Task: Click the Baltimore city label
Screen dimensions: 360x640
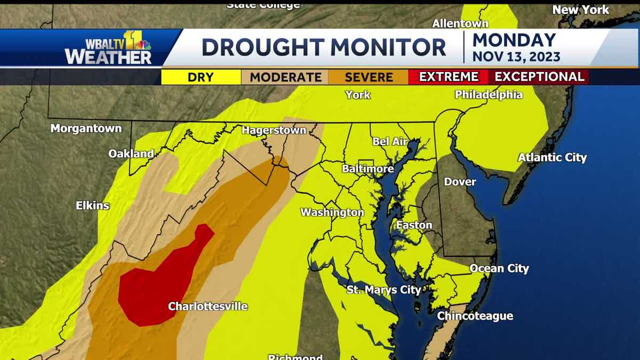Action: [368, 169]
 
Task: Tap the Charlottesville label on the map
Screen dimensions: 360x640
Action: [208, 306]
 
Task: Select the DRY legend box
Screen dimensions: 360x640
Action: [201, 77]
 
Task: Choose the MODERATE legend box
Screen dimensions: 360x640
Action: [286, 77]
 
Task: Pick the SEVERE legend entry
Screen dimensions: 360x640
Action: [369, 77]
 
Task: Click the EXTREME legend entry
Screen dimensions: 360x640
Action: [448, 77]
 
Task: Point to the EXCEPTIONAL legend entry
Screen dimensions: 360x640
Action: [539, 77]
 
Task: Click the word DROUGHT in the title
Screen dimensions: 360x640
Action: [261, 47]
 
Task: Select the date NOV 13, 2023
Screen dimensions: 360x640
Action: [516, 56]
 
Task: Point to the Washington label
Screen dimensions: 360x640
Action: [332, 212]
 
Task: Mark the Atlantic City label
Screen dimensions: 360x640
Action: [552, 157]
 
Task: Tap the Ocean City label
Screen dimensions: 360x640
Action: [499, 268]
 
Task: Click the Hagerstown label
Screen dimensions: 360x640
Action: [274, 130]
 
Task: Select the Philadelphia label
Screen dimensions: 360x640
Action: [489, 95]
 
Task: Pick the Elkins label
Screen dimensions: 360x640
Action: [92, 205]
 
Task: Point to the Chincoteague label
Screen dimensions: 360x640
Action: [475, 316]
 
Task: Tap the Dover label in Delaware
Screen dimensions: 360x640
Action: [460, 182]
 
